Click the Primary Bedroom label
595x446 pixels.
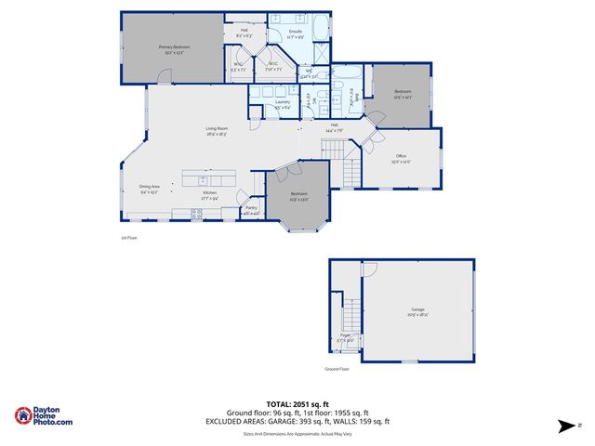tap(174, 46)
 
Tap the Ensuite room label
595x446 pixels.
tap(296, 33)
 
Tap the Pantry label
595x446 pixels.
tap(251, 208)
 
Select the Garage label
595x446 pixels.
tap(417, 309)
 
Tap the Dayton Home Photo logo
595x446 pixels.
tap(44, 416)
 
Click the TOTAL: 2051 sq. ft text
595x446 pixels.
tap(297, 404)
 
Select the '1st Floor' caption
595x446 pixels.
tap(128, 238)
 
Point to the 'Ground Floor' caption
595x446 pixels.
tap(336, 369)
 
